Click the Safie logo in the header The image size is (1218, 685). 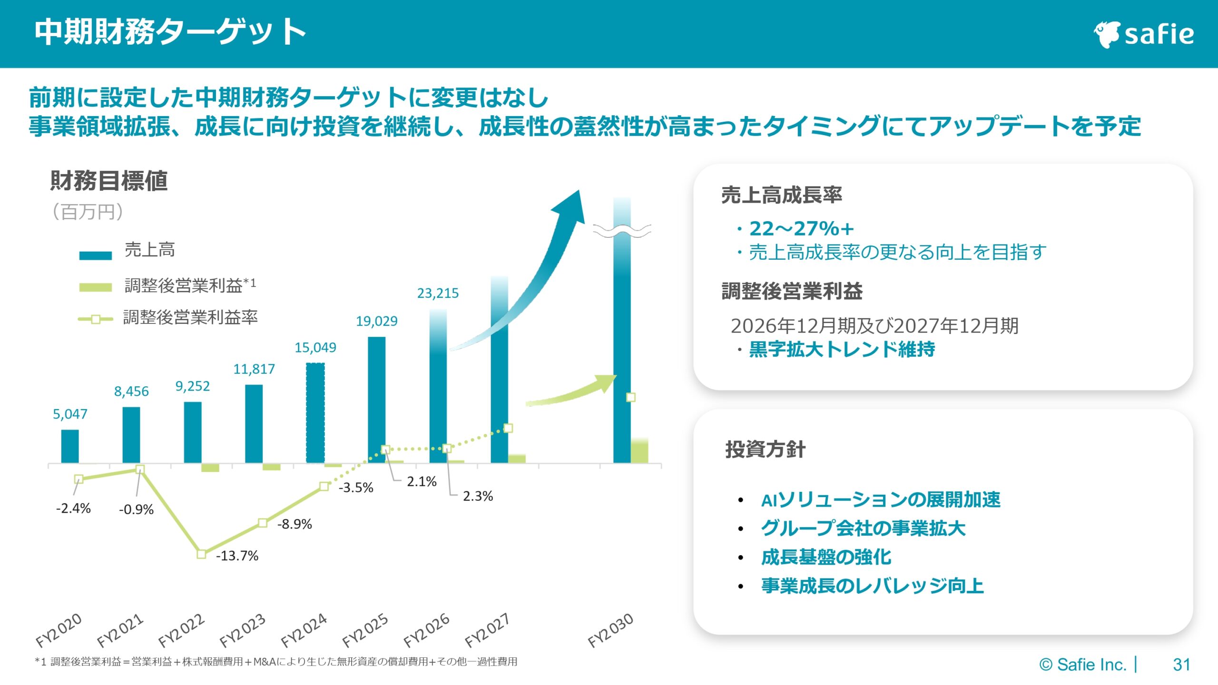pos(1144,34)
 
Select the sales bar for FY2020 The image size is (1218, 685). pos(70,446)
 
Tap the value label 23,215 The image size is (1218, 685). pos(438,293)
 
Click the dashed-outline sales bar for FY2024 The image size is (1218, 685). pos(315,413)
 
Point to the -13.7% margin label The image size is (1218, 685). pos(237,556)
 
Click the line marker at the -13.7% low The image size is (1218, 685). pos(201,554)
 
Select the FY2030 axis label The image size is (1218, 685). pos(610,630)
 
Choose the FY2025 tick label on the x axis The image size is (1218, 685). pos(365,630)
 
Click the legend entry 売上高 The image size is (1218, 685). pos(149,250)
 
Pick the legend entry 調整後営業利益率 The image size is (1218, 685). pos(190,317)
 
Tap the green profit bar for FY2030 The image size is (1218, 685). pos(639,451)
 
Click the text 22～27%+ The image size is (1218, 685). pos(801,229)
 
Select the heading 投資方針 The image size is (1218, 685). pos(765,449)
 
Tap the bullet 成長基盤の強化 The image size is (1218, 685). pos(826,557)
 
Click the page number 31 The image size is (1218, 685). pos(1181,665)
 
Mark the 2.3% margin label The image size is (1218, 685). pos(478,496)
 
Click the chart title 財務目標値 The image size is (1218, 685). pos(109,181)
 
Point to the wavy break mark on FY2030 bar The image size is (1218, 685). pos(622,231)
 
